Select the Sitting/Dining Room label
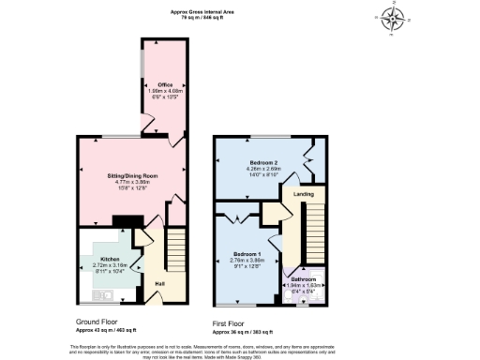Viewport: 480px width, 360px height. coord(130,175)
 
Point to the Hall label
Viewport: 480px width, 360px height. coord(159,284)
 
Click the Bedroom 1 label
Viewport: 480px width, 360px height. coord(247,254)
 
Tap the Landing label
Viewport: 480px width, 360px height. coord(304,194)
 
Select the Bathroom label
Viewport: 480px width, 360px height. coord(303,278)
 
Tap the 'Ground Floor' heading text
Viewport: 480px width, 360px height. coord(97,322)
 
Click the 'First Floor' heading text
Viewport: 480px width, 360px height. coord(232,324)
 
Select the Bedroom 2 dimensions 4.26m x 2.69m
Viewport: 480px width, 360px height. coord(265,170)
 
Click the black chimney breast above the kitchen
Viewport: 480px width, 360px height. coord(120,221)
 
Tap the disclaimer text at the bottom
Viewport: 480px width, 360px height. coord(240,348)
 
